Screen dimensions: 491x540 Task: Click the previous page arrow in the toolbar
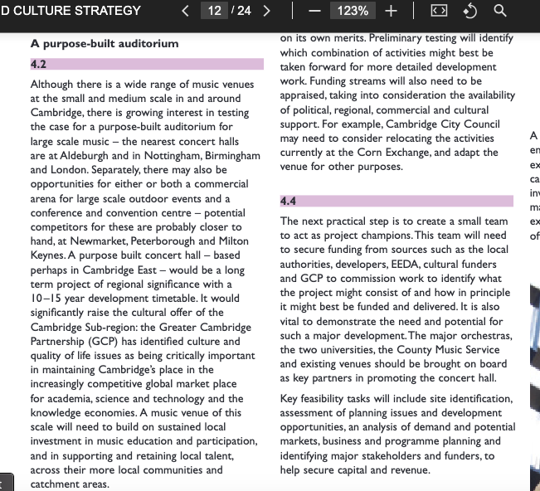point(186,11)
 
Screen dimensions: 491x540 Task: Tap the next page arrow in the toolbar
point(267,11)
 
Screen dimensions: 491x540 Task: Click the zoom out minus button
point(315,11)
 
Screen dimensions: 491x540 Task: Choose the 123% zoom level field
point(353,11)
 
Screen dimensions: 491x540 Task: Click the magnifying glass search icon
point(500,11)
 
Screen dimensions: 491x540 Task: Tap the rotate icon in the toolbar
point(470,11)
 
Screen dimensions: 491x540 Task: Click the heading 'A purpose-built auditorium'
point(105,43)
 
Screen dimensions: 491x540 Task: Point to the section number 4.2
point(38,64)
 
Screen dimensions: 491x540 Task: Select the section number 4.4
point(288,201)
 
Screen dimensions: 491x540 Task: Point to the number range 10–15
point(47,298)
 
